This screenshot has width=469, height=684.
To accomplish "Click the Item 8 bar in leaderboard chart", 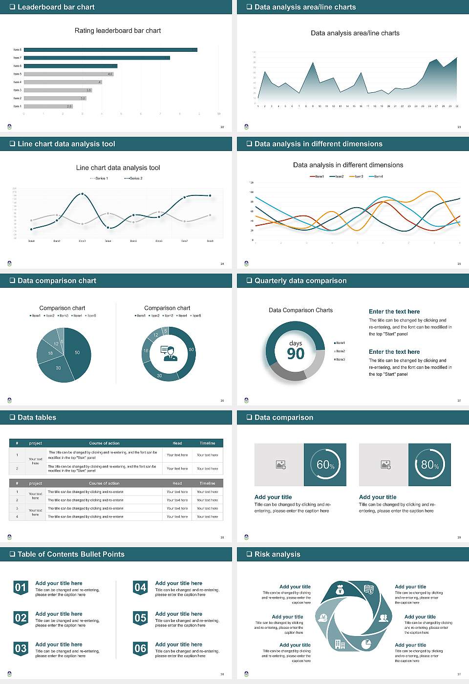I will tap(110, 50).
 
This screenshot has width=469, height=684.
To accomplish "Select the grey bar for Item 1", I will tap(48, 106).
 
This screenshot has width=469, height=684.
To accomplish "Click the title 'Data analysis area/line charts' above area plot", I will tap(355, 33).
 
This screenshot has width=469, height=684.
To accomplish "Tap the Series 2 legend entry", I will tap(133, 178).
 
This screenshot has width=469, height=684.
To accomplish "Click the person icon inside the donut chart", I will tap(169, 353).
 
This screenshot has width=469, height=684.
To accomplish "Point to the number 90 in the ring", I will tap(296, 354).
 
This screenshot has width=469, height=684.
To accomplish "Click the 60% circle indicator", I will tap(325, 465).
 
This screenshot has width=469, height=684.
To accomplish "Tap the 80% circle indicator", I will tap(429, 465).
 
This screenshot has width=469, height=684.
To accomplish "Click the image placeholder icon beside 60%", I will tap(280, 465).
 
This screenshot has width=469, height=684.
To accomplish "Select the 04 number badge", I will tap(140, 587).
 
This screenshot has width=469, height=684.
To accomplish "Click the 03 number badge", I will tap(21, 648).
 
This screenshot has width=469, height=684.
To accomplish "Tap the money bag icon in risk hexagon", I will tap(341, 591).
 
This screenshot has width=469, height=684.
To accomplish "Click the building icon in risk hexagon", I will tap(340, 644).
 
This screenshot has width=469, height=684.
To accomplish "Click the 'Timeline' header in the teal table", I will tap(207, 443).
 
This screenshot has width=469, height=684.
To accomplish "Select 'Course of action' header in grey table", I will tap(104, 483).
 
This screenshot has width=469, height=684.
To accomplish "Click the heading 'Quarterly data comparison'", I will tap(300, 281).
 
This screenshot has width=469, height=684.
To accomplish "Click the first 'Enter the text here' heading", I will tap(394, 312).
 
